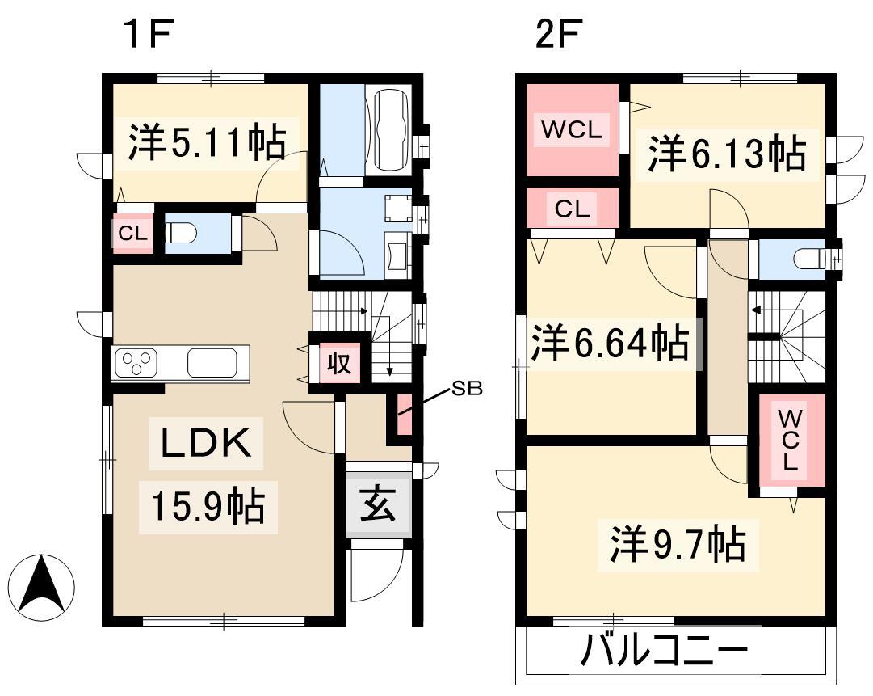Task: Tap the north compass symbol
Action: coord(42,587)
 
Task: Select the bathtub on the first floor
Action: coord(392,130)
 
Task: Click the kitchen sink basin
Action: coord(212,363)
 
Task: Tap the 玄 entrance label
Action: coord(379,504)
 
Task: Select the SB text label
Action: coord(467,388)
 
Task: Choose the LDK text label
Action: coord(205,443)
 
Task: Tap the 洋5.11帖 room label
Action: coord(207,143)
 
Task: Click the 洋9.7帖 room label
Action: coord(678,544)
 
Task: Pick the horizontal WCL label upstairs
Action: coord(572,130)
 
